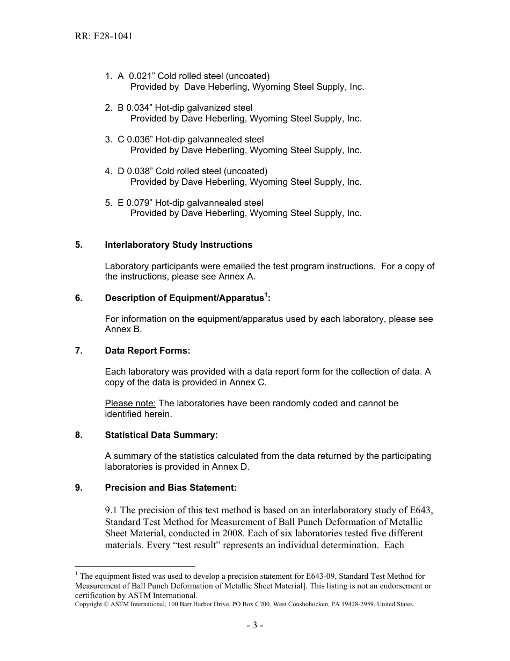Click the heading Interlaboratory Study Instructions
tap(178, 245)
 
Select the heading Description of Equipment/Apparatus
tap(184, 298)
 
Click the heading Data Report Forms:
tap(148, 351)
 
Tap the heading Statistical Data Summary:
tap(161, 435)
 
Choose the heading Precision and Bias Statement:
tap(171, 488)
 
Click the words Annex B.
tap(123, 330)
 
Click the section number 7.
tap(78, 351)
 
